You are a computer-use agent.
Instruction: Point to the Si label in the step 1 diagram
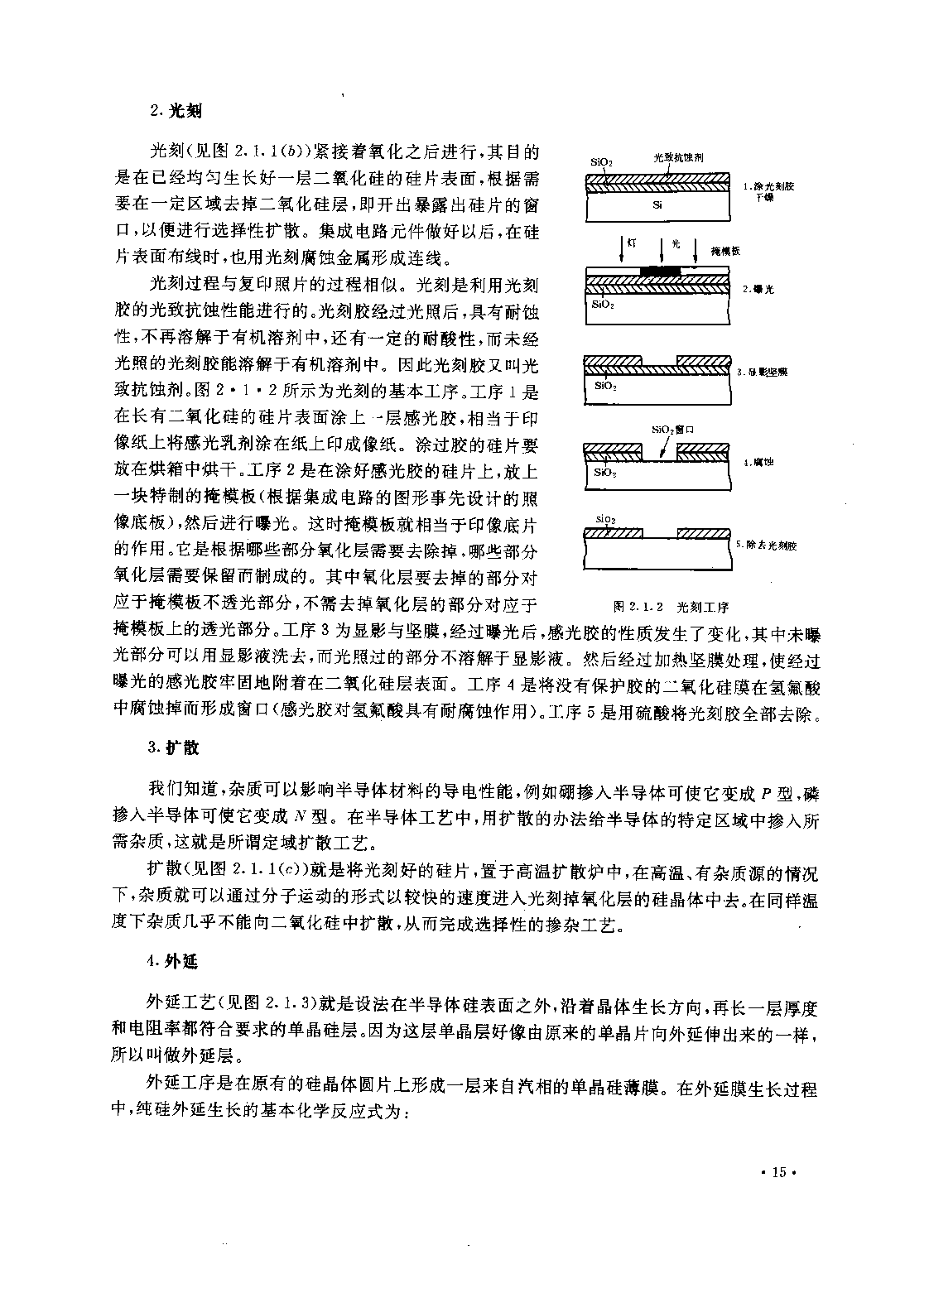coord(657,204)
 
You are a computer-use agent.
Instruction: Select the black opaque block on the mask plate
coord(660,271)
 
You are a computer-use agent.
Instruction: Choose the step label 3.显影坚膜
coord(762,372)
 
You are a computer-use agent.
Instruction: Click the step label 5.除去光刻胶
coord(766,546)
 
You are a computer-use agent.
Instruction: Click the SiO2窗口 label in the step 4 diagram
coord(671,430)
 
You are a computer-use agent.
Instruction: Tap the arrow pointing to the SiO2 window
coord(663,448)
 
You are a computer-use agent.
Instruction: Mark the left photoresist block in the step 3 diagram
coord(614,361)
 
